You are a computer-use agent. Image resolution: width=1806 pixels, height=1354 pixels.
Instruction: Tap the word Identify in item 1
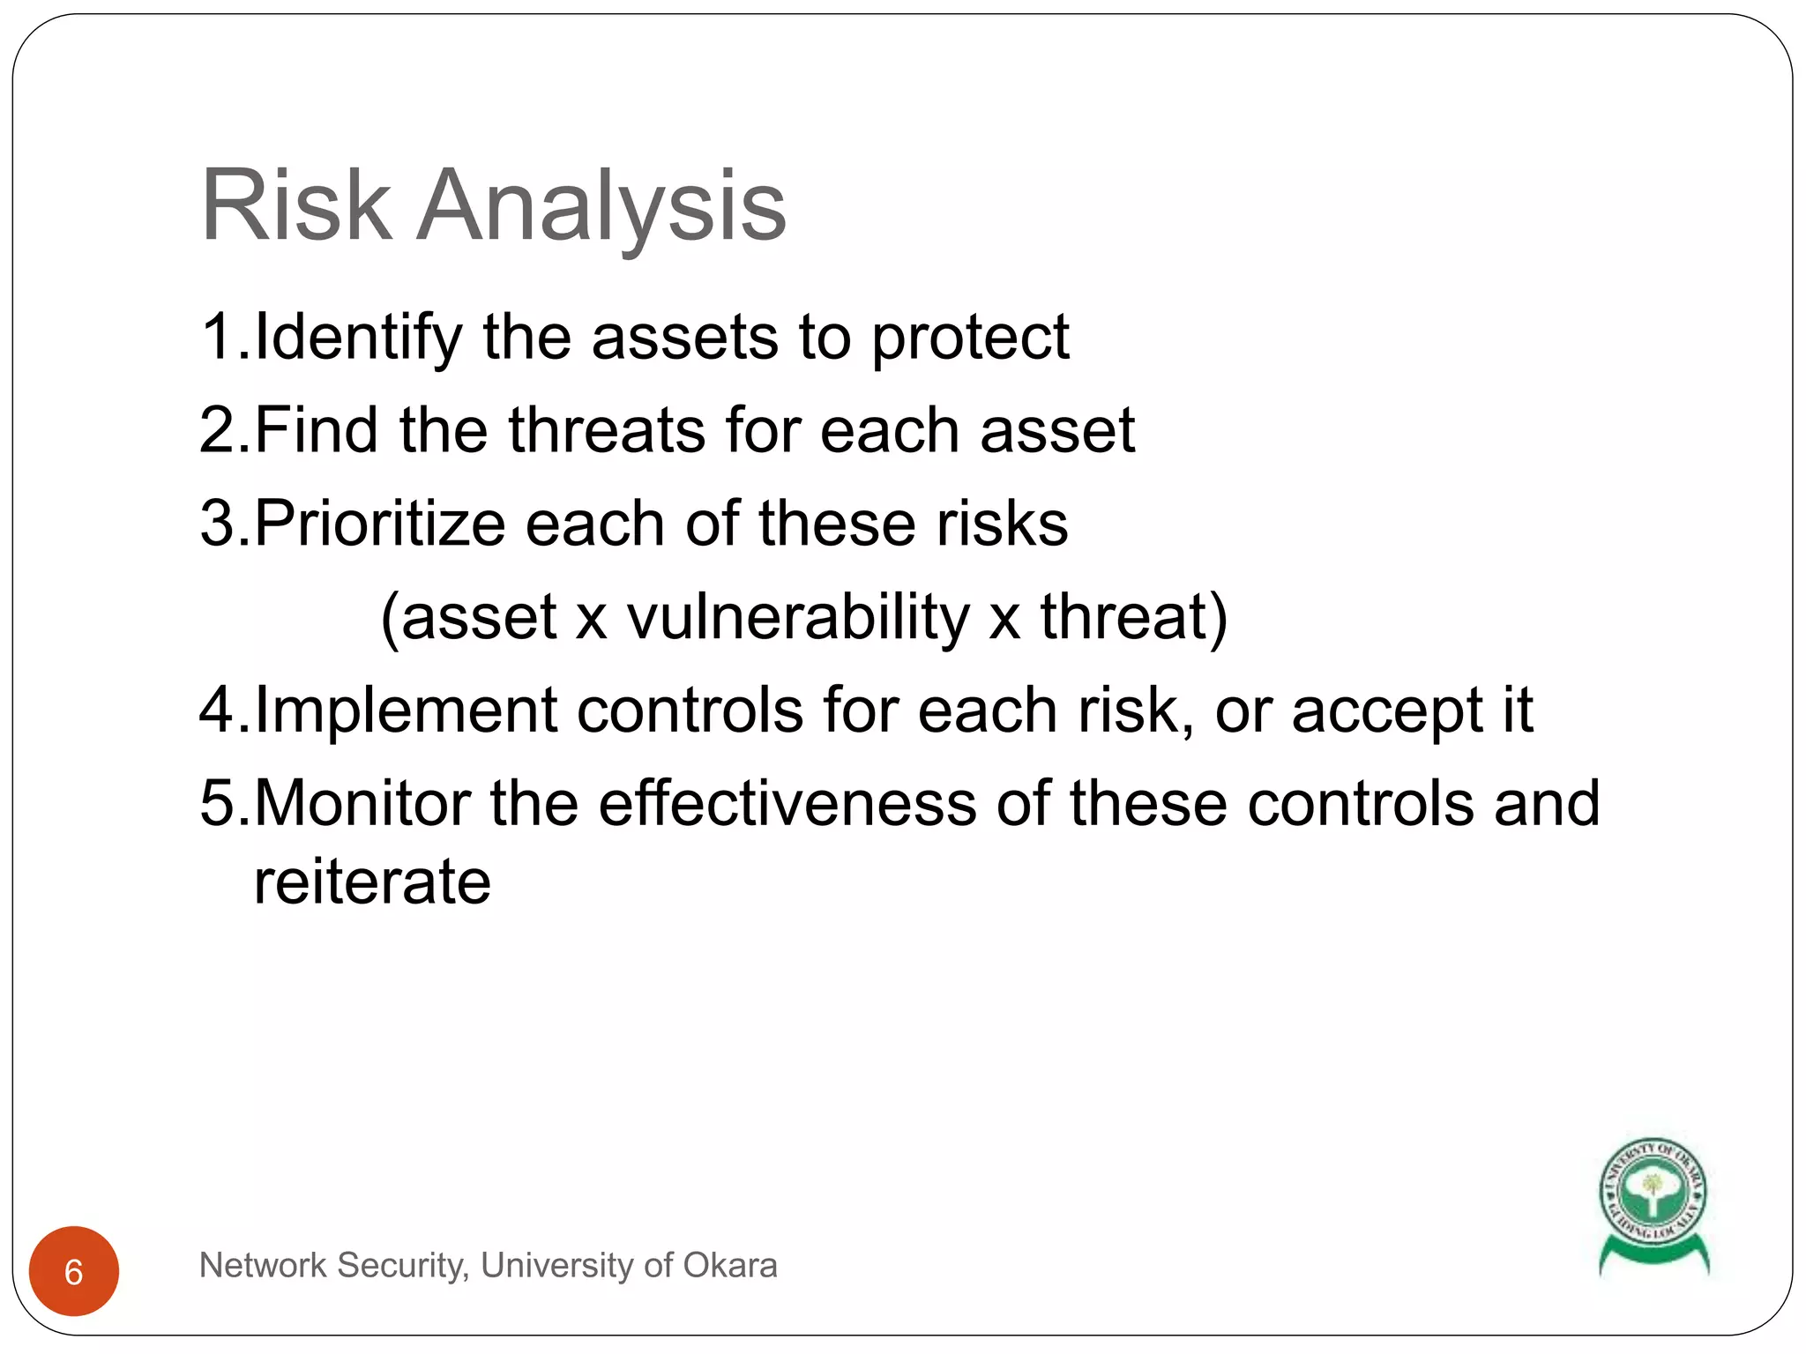[357, 338]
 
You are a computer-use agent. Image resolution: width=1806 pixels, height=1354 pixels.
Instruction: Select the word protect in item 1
[970, 339]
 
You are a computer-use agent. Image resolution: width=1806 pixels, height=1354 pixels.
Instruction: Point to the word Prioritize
[379, 524]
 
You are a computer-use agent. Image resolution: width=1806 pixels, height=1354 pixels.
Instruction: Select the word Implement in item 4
[406, 711]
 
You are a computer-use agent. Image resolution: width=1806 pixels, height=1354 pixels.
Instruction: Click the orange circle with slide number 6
[74, 1271]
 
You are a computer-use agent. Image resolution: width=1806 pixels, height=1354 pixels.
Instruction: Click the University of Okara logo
[1653, 1204]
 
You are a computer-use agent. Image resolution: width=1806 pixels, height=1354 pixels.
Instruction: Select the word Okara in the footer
[729, 1266]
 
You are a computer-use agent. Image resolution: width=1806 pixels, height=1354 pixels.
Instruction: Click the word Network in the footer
[263, 1266]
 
